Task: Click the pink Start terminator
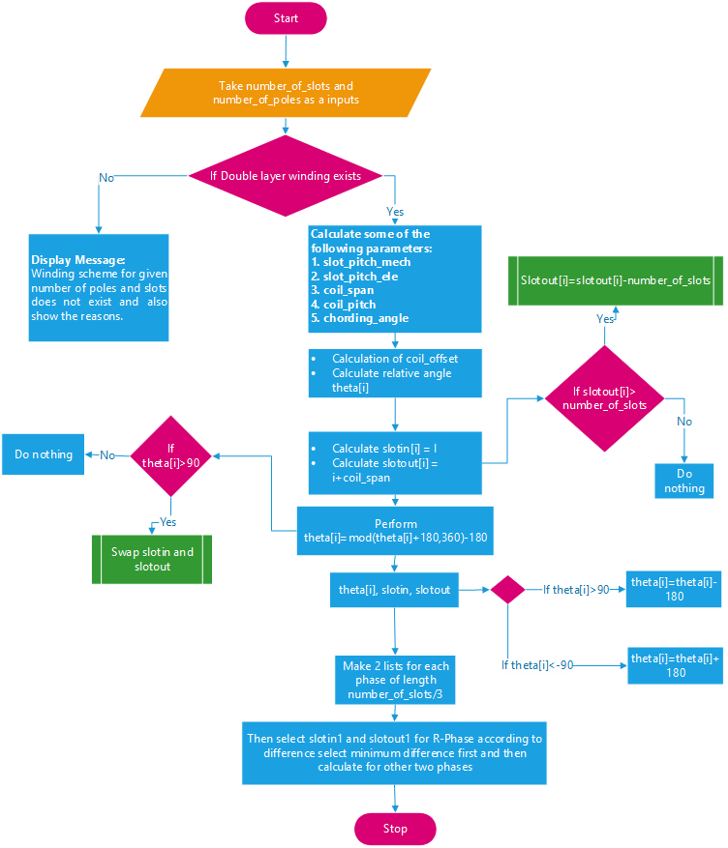click(x=286, y=18)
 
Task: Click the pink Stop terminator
click(x=395, y=829)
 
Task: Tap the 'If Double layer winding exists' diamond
click(x=287, y=176)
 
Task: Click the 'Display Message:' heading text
click(x=77, y=260)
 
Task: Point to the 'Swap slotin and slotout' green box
click(x=152, y=559)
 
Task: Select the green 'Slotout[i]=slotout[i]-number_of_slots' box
click(x=616, y=280)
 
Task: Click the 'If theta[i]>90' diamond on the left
click(x=170, y=454)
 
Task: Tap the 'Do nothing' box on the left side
click(x=44, y=454)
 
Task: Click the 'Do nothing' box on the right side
click(x=684, y=482)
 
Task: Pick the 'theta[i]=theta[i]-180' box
click(x=674, y=589)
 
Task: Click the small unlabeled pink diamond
click(x=507, y=590)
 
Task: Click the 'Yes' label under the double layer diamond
click(x=395, y=211)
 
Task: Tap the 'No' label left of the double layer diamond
click(x=106, y=177)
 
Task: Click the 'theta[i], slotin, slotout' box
click(x=395, y=590)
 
